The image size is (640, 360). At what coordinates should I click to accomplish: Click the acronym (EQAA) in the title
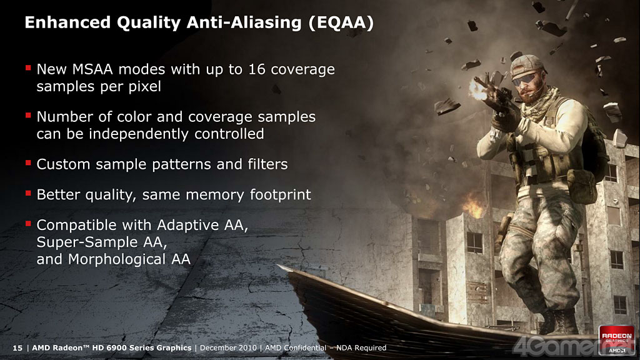pos(341,23)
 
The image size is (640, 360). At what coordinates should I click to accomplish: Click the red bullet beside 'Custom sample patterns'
pos(28,163)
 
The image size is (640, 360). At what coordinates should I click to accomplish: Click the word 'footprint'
pos(280,195)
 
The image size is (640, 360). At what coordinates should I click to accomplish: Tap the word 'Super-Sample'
pos(87,242)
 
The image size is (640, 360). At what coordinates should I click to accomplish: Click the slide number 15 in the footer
pos(17,347)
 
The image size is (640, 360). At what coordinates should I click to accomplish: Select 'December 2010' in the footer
pos(228,347)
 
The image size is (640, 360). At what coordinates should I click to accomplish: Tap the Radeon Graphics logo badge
pos(617,339)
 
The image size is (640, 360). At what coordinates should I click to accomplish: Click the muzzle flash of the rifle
pos(478,89)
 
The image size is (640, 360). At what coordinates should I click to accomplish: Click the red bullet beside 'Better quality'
pos(28,193)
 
